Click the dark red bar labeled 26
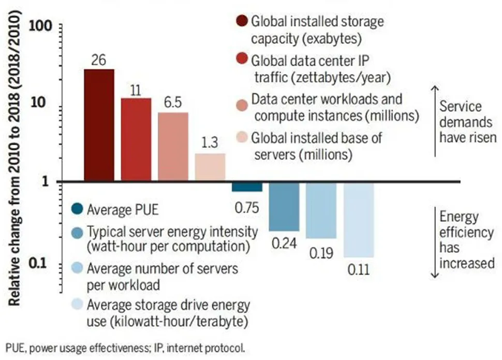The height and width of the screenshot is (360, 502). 99,125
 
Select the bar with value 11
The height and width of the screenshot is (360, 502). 136,139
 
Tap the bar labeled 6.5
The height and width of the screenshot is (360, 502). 173,147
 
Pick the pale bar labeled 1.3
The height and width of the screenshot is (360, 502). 210,167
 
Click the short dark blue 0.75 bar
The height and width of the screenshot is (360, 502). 247,187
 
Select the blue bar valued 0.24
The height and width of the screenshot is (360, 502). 284,207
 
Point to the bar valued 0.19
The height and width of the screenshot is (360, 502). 321,210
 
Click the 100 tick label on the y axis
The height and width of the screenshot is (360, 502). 40,26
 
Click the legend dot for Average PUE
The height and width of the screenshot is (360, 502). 77,209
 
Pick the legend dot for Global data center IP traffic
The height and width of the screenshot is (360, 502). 242,59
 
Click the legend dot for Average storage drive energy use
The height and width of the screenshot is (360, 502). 77,304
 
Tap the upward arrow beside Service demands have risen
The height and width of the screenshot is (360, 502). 435,121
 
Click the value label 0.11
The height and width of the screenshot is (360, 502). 359,270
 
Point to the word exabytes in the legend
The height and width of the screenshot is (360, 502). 332,39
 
